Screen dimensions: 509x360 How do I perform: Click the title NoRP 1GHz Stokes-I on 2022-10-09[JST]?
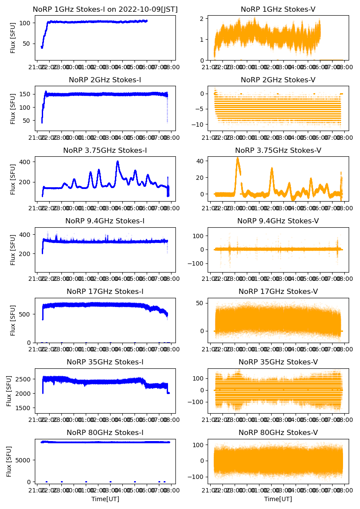coord(105,9)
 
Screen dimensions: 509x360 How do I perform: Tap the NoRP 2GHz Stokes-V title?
coord(278,80)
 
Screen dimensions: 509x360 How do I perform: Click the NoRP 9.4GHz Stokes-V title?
coord(278,221)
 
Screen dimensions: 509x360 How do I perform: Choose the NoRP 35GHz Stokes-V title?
coord(278,362)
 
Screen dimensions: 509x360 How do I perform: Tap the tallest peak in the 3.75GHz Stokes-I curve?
coord(118,162)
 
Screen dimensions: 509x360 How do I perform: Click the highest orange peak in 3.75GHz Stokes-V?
coord(238,158)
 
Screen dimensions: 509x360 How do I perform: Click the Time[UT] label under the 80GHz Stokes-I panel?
coord(105,499)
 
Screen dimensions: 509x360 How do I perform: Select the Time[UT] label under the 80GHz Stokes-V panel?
coord(278,499)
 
